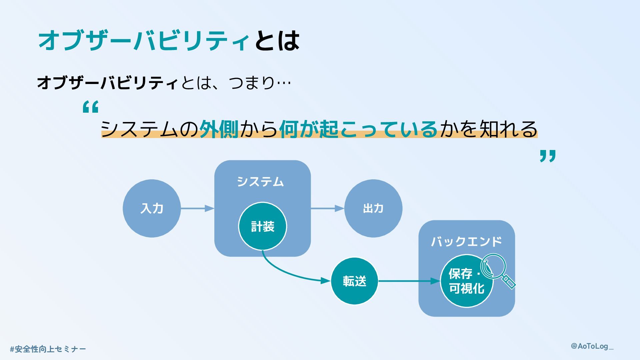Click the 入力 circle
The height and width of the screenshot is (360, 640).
(x=152, y=208)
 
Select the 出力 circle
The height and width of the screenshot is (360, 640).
(x=373, y=208)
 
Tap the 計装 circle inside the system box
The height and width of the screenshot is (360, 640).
(x=262, y=226)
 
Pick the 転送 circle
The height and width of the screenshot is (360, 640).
(x=354, y=281)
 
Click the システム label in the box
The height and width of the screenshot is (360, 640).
(x=260, y=182)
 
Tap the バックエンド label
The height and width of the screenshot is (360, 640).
(x=466, y=241)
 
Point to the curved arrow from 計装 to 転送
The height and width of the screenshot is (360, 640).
(x=287, y=272)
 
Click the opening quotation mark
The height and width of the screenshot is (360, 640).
(x=90, y=107)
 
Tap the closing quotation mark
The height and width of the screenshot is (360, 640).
(x=548, y=156)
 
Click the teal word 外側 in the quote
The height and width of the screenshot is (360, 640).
(x=219, y=129)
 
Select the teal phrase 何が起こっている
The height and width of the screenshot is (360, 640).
(x=358, y=129)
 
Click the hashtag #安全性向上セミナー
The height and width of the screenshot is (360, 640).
(x=48, y=349)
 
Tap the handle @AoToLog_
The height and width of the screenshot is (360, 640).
(x=592, y=346)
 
